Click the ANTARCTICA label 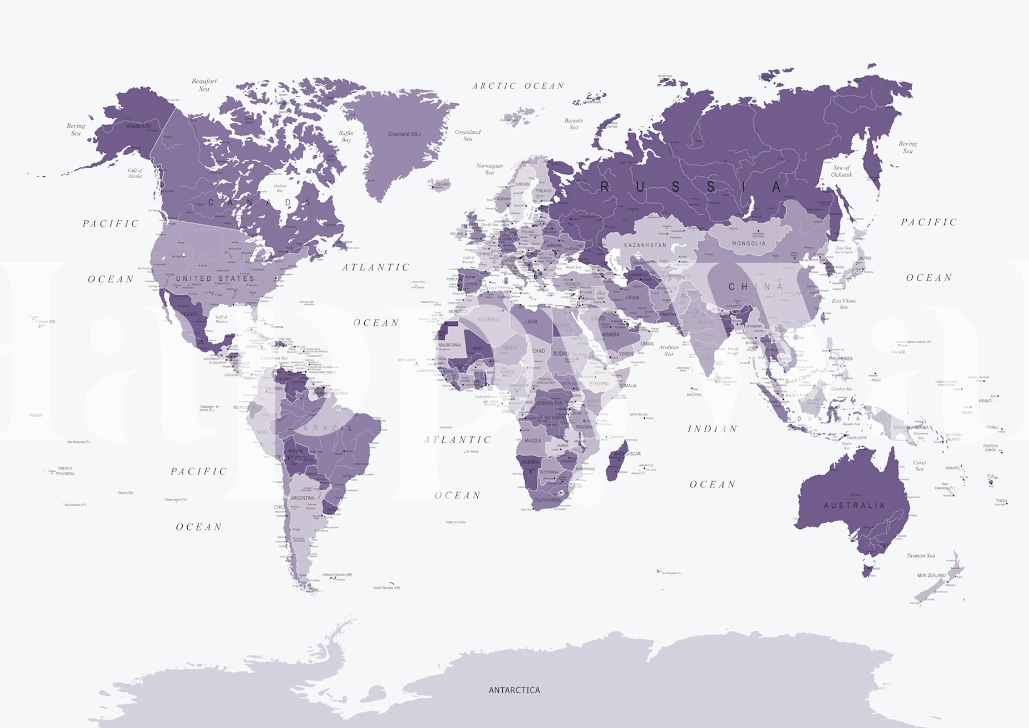point(514,690)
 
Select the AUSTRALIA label point(854,505)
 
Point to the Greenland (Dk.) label point(404,134)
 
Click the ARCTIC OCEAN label point(518,86)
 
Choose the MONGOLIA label point(749,243)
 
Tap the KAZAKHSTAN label point(645,245)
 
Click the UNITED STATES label point(215,279)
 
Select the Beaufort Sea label point(204,85)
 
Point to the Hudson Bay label point(280,188)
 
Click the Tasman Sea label point(920,556)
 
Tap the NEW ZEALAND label point(931,576)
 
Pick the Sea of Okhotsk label point(841,171)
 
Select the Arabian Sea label point(669,350)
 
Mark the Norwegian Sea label point(489,169)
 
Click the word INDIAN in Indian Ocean point(712,429)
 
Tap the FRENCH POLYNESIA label point(65,471)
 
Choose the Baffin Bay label point(346,136)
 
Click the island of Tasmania point(867,570)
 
